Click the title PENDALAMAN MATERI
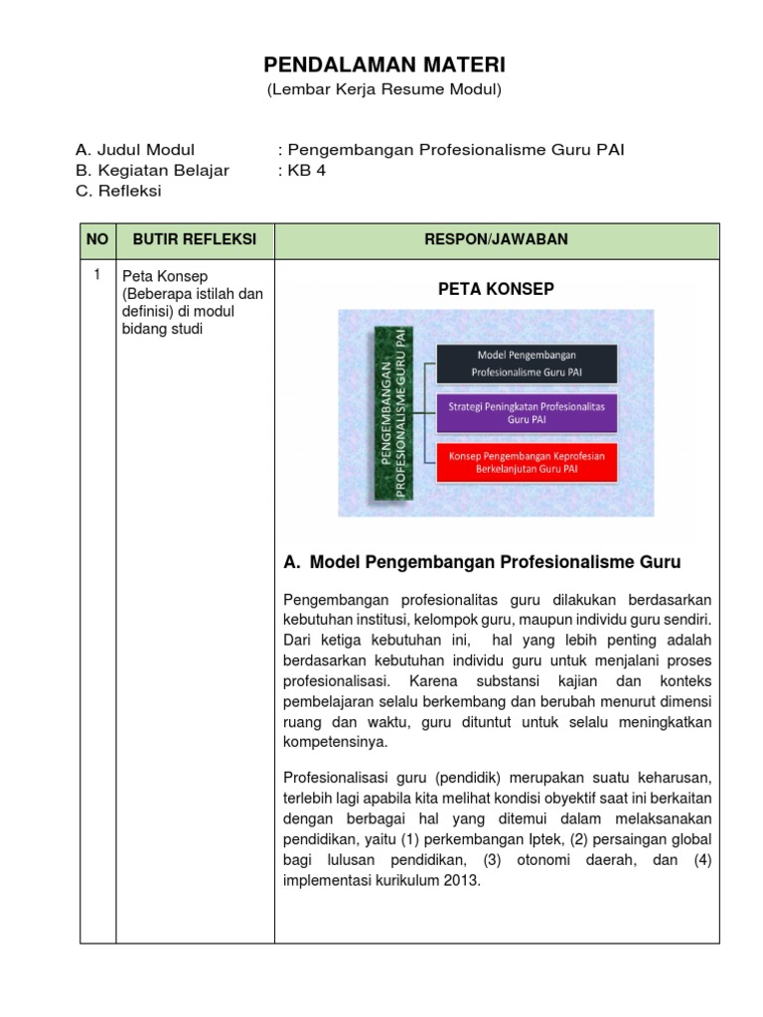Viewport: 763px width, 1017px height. point(383,66)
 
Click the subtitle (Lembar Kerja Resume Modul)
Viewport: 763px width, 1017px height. point(383,90)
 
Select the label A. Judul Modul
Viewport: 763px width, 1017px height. point(135,150)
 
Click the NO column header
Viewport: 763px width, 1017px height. point(97,239)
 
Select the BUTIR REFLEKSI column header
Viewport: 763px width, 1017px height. point(195,239)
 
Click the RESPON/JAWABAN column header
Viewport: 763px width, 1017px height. point(497,239)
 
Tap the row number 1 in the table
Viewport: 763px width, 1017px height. point(97,274)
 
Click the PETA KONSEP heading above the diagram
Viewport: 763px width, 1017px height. point(496,288)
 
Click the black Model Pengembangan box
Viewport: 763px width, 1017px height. point(527,363)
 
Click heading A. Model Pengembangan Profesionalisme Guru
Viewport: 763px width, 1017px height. point(482,562)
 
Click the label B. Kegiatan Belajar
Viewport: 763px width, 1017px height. point(152,170)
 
